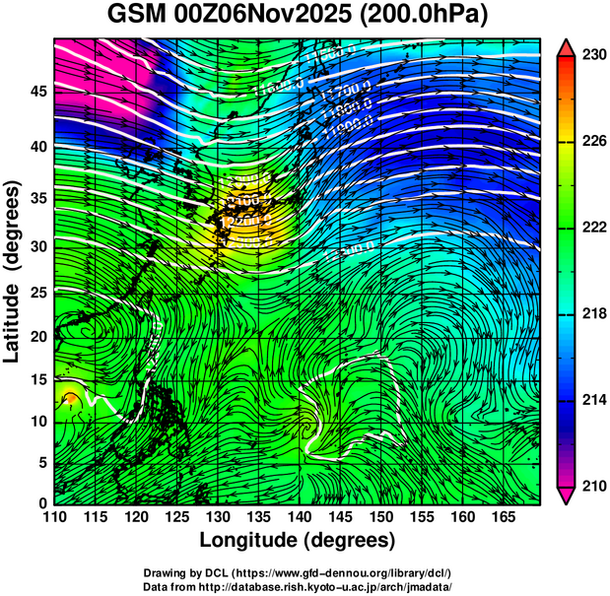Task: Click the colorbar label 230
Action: (593, 56)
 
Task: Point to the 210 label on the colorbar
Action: (593, 486)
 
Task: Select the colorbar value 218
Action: (593, 314)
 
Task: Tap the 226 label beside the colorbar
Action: (593, 142)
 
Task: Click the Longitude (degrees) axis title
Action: (297, 541)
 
